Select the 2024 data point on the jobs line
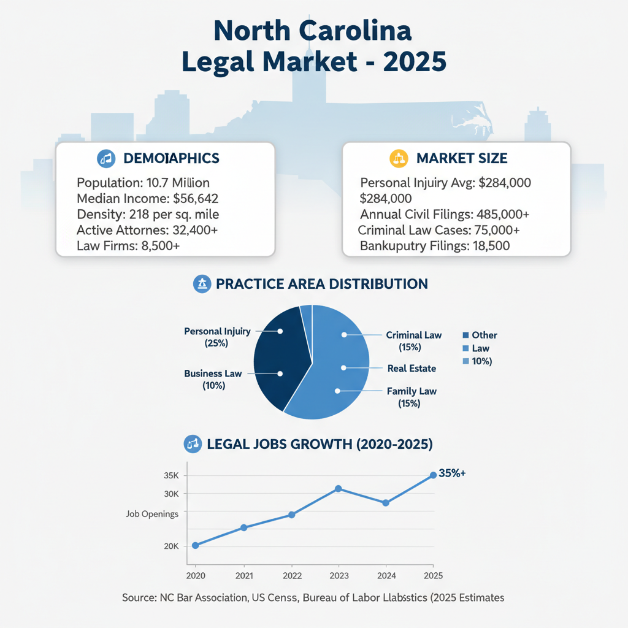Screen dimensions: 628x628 point(386,503)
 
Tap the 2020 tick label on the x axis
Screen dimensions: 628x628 point(195,576)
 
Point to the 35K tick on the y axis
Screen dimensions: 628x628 point(171,476)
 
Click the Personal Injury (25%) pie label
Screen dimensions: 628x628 point(217,337)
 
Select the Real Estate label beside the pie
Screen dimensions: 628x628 point(412,369)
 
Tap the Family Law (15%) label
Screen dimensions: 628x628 point(412,397)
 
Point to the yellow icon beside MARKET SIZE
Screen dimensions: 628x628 point(399,159)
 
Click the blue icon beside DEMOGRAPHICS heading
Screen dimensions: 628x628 point(106,158)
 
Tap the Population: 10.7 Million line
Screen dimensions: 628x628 point(144,183)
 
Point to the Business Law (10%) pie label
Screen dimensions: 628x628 point(213,380)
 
